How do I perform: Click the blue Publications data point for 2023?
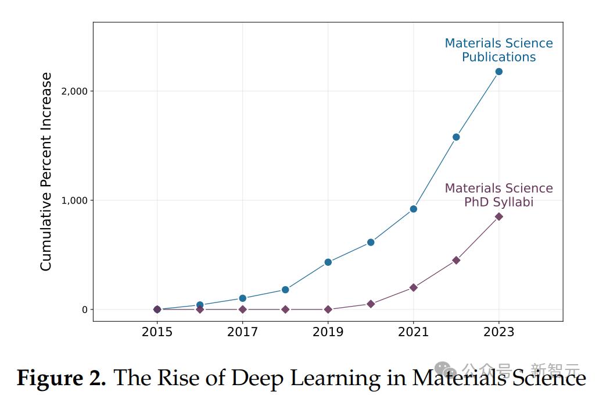(498, 72)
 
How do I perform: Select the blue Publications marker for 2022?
(456, 137)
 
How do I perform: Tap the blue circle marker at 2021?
(413, 209)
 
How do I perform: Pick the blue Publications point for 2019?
(328, 262)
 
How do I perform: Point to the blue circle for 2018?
(285, 290)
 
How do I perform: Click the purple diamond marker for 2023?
(498, 216)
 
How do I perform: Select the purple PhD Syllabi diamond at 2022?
(456, 260)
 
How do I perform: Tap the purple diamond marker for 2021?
(413, 287)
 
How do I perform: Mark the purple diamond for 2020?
(371, 304)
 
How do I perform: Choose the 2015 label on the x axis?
(157, 332)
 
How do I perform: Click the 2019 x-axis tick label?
(328, 332)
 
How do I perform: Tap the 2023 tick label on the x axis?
(498, 332)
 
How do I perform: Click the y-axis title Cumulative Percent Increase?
(46, 172)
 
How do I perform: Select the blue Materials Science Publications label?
(498, 50)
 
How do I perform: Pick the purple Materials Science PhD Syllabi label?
(498, 195)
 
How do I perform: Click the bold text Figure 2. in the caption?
(61, 378)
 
